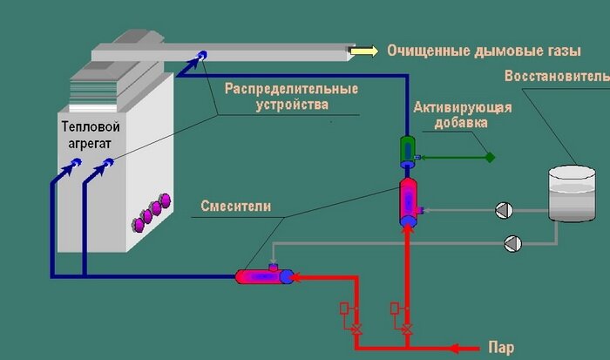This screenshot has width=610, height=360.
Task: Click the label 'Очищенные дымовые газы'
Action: [x=471, y=51]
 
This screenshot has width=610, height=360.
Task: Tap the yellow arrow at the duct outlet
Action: [x=362, y=51]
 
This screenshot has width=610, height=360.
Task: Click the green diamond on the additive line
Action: [x=490, y=158]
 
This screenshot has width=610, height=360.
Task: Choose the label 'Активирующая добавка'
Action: [x=462, y=115]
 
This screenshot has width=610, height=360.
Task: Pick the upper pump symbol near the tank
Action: [x=503, y=210]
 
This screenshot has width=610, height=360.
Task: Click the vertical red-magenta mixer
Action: [x=407, y=201]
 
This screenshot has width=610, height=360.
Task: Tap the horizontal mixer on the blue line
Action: [x=266, y=276]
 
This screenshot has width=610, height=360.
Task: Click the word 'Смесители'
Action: [x=236, y=207]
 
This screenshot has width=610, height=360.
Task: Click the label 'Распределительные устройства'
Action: [x=291, y=96]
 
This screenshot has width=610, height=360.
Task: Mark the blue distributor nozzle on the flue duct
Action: [x=202, y=55]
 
